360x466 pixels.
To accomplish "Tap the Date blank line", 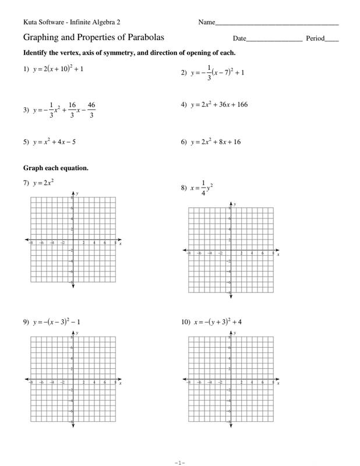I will [274, 41].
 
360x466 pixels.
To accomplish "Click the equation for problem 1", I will [59, 69].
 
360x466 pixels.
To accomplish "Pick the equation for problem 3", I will [64, 110].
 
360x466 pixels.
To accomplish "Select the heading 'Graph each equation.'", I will [56, 168].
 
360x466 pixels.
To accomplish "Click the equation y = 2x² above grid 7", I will [44, 183].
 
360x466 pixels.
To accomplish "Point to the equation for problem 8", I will [202, 189].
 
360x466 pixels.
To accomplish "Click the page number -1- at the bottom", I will [179, 447].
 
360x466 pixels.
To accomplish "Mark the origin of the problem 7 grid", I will [73, 240].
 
